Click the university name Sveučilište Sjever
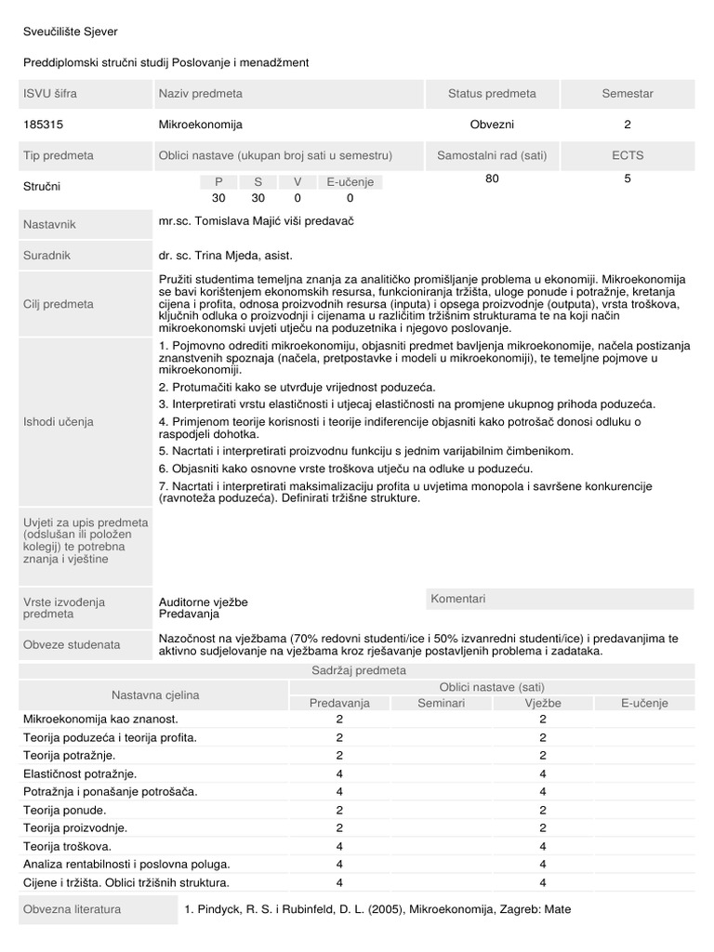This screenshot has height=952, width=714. click(71, 33)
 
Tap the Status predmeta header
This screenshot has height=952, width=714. click(492, 94)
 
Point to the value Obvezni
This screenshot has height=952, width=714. click(492, 124)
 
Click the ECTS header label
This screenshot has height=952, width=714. click(628, 155)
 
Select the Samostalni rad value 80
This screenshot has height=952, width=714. click(492, 178)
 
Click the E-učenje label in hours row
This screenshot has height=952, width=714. click(350, 182)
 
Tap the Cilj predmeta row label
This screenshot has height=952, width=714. click(58, 304)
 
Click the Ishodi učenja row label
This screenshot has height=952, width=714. click(58, 421)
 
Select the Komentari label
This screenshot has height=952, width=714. click(457, 599)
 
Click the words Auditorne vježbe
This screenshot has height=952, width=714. click(204, 602)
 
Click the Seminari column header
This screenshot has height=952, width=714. click(441, 703)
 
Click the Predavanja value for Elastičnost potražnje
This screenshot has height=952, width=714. click(339, 773)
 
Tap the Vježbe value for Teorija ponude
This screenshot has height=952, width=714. click(542, 810)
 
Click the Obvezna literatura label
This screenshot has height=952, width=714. click(68, 907)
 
